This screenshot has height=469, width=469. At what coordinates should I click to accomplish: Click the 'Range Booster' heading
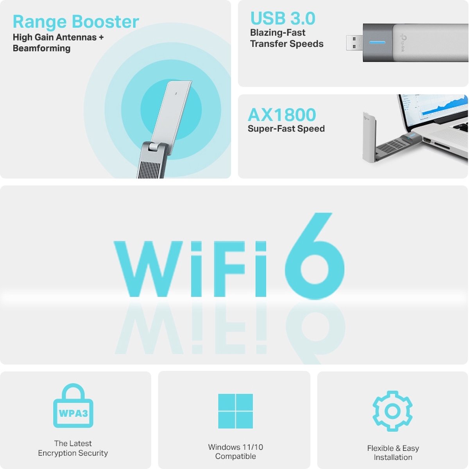coord(76,22)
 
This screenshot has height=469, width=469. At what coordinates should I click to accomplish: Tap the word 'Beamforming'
coord(41,49)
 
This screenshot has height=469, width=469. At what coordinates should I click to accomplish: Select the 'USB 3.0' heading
coord(283,18)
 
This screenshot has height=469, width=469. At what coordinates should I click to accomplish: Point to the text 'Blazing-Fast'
coord(277,33)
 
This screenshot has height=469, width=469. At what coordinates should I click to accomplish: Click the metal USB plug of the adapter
coord(354,42)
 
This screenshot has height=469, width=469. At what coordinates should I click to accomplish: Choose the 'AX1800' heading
coord(282,115)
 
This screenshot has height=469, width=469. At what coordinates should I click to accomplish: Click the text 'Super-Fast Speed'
coord(286,129)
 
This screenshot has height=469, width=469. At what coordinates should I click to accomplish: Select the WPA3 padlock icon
coord(73,406)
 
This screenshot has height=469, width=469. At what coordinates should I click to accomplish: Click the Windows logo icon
coord(235,411)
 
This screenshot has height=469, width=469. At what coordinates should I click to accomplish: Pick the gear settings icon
coord(392,411)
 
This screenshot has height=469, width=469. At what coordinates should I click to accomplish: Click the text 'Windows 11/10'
coord(235,447)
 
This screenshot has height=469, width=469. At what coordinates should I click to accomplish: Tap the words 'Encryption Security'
coord(73,453)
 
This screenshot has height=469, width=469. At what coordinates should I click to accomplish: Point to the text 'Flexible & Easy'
coord(393,448)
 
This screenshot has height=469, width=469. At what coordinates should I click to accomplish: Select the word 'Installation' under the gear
coord(393,458)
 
